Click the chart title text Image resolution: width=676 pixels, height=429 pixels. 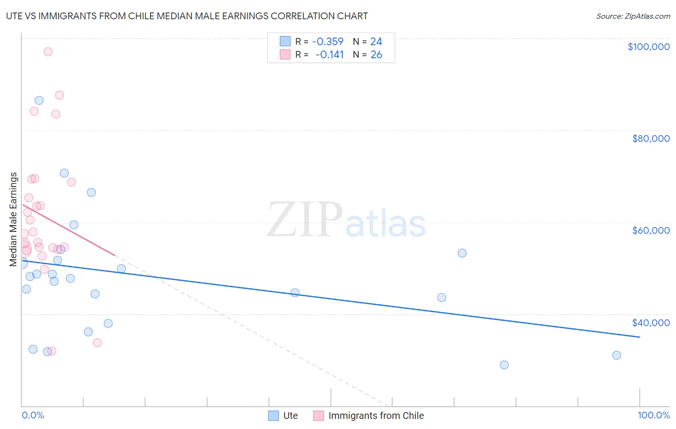pyautogui.click(x=187, y=16)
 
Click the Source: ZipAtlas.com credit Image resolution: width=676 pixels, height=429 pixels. pyautogui.click(x=633, y=16)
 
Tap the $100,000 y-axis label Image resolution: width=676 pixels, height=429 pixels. pyautogui.click(x=649, y=47)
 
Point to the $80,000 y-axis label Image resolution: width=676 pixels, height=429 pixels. pyautogui.click(x=651, y=139)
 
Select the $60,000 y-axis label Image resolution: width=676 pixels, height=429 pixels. pyautogui.click(x=651, y=230)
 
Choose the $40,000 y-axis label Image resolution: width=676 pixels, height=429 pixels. pyautogui.click(x=651, y=323)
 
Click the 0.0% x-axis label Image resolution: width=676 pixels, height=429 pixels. pyautogui.click(x=33, y=415)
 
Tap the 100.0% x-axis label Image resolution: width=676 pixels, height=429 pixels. pyautogui.click(x=653, y=415)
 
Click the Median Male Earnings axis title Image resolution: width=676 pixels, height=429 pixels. pyautogui.click(x=13, y=219)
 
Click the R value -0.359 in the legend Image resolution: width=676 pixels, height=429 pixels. pyautogui.click(x=327, y=42)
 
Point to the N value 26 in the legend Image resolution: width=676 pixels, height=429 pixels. pyautogui.click(x=376, y=55)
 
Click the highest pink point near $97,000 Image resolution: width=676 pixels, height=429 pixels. pyautogui.click(x=48, y=52)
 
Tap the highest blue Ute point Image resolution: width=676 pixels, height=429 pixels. pyautogui.click(x=39, y=101)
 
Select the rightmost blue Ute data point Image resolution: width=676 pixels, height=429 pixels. pyautogui.click(x=616, y=355)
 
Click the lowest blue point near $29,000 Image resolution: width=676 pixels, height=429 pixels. pyautogui.click(x=504, y=365)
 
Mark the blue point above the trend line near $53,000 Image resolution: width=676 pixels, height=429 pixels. pyautogui.click(x=462, y=253)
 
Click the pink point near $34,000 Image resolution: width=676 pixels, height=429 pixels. pyautogui.click(x=97, y=343)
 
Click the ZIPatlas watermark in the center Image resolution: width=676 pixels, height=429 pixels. pyautogui.click(x=346, y=220)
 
